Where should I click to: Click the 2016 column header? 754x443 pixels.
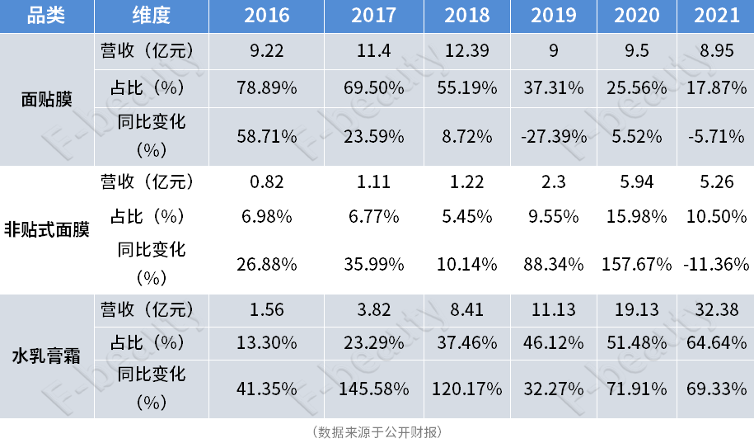click(x=266, y=16)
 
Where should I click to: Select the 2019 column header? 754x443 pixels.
click(x=554, y=16)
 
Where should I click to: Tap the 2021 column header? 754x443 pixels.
click(x=716, y=16)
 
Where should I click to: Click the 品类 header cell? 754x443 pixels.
click(x=47, y=16)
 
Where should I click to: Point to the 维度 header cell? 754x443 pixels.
click(x=152, y=16)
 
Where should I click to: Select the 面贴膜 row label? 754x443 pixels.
click(x=47, y=100)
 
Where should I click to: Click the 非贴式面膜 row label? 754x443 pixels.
click(x=47, y=229)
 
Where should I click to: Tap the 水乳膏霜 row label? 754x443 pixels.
click(x=47, y=357)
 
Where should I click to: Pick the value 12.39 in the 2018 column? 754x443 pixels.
click(x=467, y=51)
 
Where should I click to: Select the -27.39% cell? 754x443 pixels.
click(x=554, y=135)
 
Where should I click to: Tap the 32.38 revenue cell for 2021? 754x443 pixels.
click(x=716, y=309)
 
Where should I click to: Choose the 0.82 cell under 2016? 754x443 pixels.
click(x=266, y=181)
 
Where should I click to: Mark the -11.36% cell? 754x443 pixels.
click(x=716, y=264)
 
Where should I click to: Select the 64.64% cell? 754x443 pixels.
click(x=716, y=342)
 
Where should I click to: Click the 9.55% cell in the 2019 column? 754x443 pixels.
click(x=554, y=216)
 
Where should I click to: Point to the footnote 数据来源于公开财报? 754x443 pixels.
click(x=377, y=431)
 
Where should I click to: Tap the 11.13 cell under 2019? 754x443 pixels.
click(x=554, y=309)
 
